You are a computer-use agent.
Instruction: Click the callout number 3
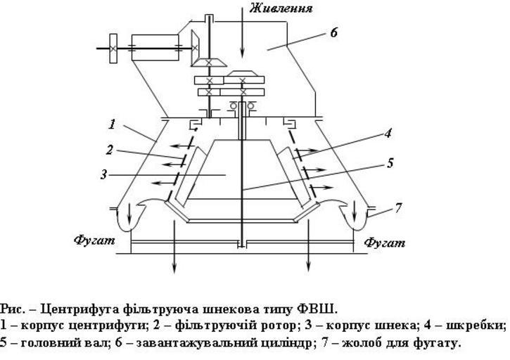[x=104, y=174]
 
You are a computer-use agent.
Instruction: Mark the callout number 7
[x=399, y=207]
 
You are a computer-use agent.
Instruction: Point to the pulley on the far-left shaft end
[x=112, y=47]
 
